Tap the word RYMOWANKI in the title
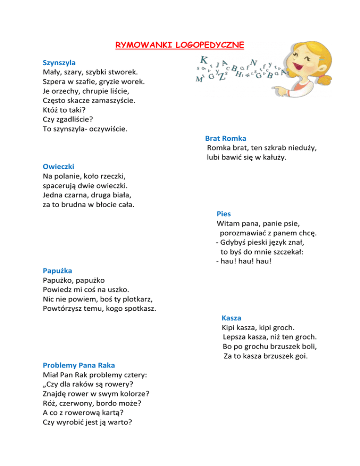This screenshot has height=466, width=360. point(144,45)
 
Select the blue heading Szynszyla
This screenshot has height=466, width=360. point(59,62)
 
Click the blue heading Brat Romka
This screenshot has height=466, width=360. point(225,138)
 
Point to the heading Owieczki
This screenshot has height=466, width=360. point(59,166)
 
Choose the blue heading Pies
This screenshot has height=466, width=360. point(224,214)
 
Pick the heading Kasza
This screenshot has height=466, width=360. point(231,318)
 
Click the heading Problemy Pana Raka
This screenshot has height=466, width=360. point(79,365)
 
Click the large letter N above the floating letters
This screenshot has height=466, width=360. point(254,62)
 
